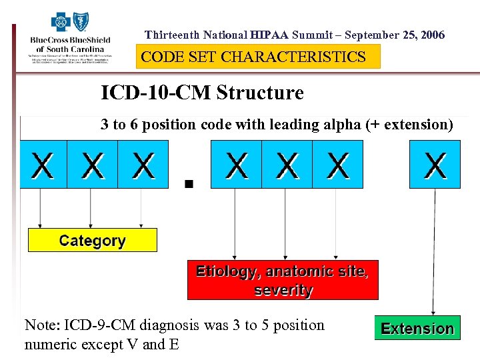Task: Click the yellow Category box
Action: (92, 240)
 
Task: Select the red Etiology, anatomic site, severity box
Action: (283, 280)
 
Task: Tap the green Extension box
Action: (417, 328)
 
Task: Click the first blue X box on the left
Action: (43, 165)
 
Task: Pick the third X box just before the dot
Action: (143, 165)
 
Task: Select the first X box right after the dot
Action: (236, 165)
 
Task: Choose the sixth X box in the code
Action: (338, 165)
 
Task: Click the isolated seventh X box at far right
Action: (435, 165)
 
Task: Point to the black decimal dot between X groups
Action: (189, 183)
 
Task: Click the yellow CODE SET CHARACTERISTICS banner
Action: (258, 57)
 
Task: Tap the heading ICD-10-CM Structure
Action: (202, 93)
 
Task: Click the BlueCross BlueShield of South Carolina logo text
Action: (70, 44)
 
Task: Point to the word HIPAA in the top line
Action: (270, 35)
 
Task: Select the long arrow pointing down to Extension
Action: (435, 253)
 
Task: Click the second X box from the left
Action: (93, 165)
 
